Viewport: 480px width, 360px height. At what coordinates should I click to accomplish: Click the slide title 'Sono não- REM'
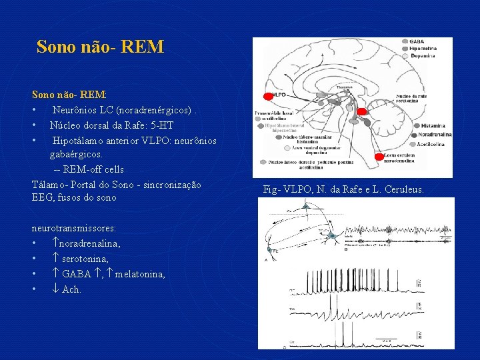pyautogui.click(x=100, y=47)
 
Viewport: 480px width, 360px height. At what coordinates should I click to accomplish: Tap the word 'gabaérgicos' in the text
pyautogui.click(x=75, y=154)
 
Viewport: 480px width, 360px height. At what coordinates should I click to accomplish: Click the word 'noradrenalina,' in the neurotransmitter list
pyautogui.click(x=90, y=244)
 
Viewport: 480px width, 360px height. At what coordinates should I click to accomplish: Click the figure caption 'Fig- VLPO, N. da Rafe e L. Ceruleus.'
pyautogui.click(x=343, y=190)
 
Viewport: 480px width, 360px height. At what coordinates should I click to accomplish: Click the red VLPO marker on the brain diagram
pyautogui.click(x=269, y=96)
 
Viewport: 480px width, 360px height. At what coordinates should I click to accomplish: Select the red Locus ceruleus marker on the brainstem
pyautogui.click(x=379, y=157)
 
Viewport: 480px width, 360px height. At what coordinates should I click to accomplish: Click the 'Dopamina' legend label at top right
pyautogui.click(x=423, y=56)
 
